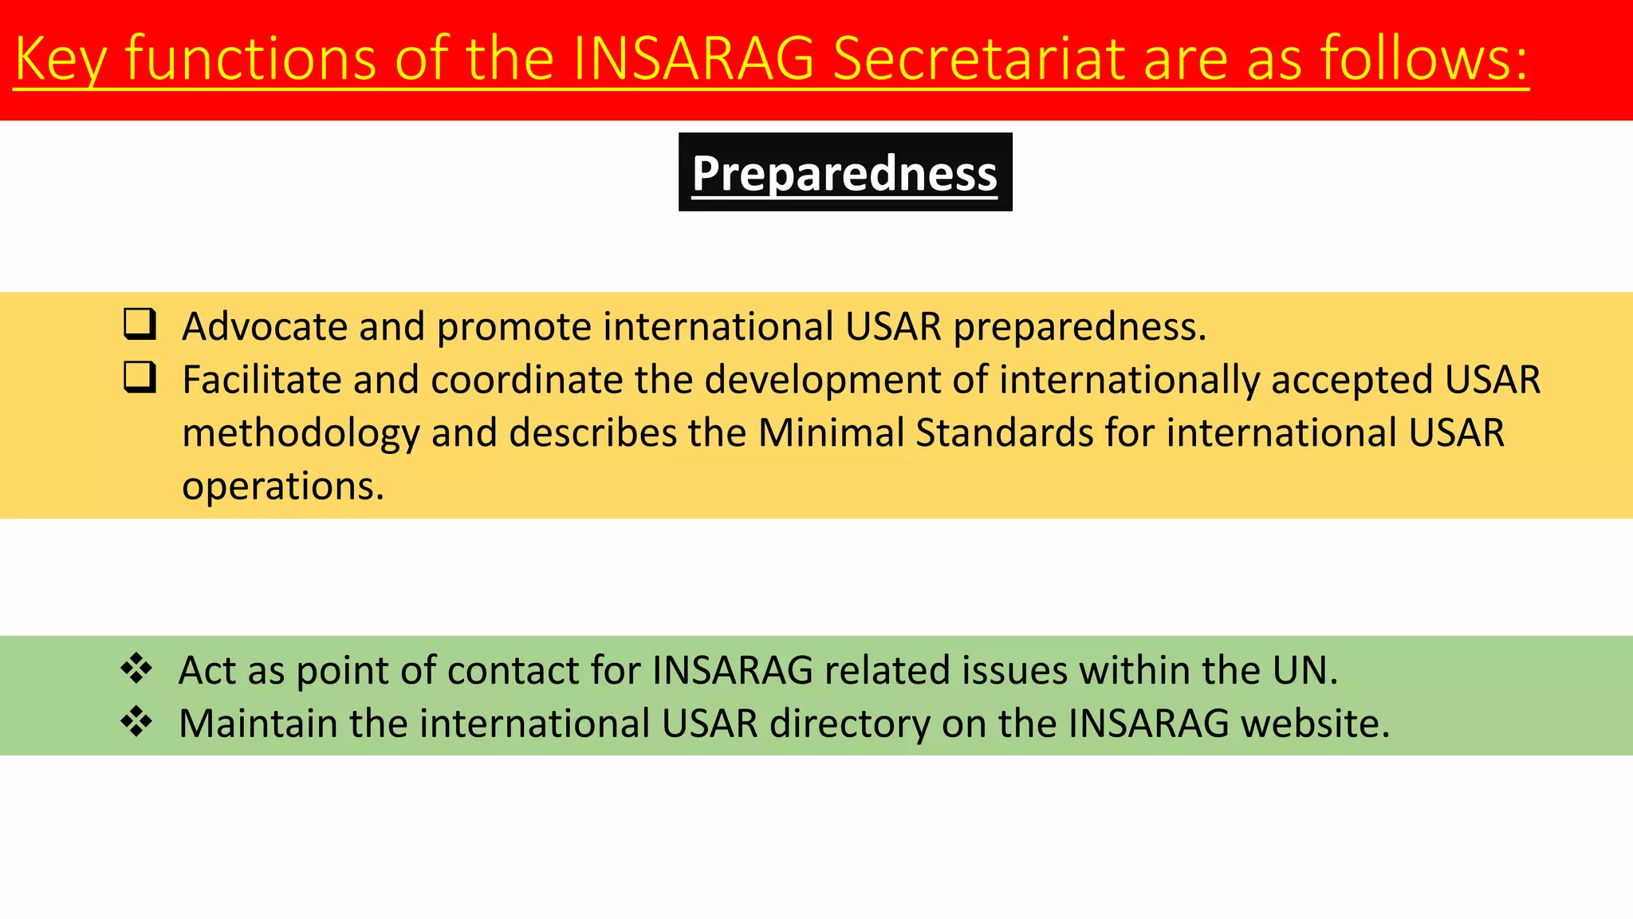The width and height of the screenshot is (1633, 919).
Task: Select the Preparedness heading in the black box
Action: pos(844,173)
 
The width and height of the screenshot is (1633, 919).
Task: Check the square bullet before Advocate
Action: pos(140,325)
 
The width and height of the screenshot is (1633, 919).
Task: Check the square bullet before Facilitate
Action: pos(140,377)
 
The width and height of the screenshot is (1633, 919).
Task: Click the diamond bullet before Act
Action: pos(136,669)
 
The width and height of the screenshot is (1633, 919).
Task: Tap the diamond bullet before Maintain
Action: pos(136,721)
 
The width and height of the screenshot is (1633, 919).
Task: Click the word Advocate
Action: pos(265,326)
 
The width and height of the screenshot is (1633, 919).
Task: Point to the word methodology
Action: pos(301,433)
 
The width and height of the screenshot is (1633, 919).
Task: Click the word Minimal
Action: pos(830,432)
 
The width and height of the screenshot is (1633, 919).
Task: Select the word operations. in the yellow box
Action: pos(283,486)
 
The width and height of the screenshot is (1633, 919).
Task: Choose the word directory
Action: pos(849,724)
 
